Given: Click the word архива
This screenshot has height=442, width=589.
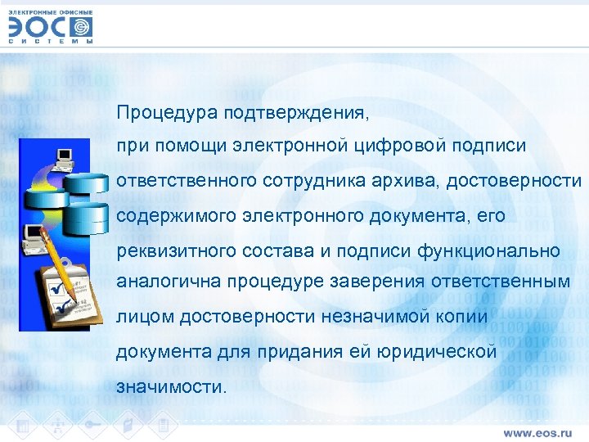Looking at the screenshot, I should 408,181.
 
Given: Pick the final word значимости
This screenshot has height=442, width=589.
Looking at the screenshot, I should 169,386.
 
